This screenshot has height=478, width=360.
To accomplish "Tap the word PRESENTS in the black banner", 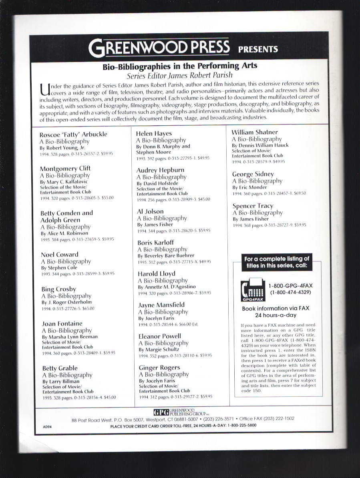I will click(258, 49).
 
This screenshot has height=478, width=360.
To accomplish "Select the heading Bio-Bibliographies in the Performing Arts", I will click(180, 66).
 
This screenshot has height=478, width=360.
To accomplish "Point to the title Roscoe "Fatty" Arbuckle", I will click(73, 134).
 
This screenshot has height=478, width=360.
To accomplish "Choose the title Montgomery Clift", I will click(65, 168).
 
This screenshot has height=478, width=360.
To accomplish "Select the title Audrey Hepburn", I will click(160, 170).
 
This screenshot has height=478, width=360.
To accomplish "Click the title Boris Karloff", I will click(155, 242).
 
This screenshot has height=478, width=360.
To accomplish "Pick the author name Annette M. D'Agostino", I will click(167, 287).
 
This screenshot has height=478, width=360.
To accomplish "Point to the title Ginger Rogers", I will click(159, 367).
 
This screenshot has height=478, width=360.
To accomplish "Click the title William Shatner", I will click(255, 132).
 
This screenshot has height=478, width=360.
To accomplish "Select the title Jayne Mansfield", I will click(161, 305).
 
